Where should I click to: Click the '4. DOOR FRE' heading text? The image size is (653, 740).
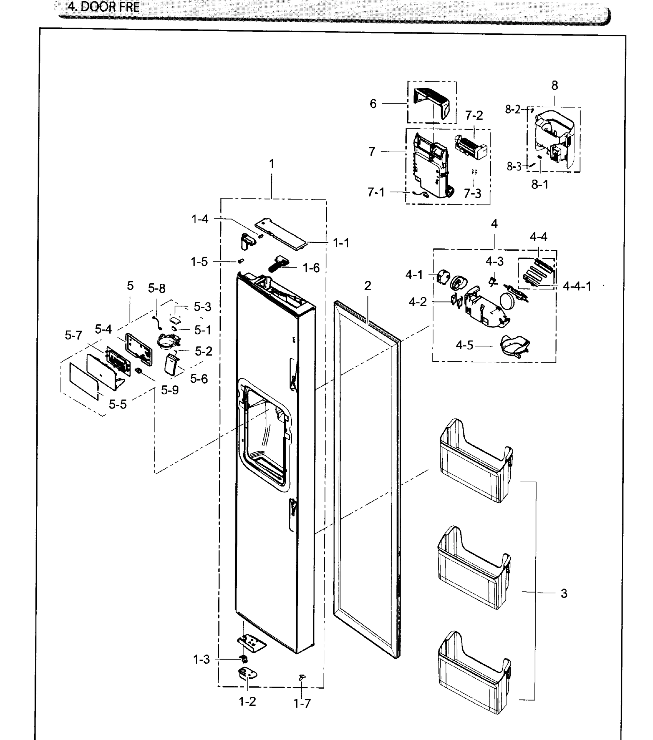104,7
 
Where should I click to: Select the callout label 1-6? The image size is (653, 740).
311,268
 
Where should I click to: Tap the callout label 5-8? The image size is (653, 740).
156,288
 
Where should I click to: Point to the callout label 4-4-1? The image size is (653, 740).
577,286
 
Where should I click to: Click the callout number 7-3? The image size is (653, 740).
472,194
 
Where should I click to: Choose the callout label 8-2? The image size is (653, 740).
512,109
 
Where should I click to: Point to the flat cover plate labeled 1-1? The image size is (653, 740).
281,234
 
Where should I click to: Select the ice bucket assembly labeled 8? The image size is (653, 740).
554,139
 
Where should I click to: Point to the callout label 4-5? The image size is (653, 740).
464,345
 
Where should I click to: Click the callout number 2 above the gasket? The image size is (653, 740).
368,286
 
